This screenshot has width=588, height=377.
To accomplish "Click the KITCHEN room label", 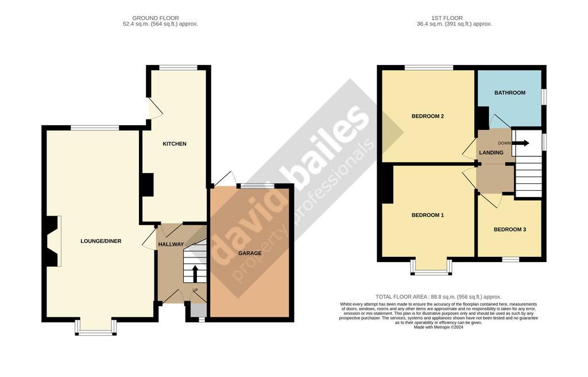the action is pyautogui.click(x=175, y=144).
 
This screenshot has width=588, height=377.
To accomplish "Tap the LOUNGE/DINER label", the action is pyautogui.click(x=101, y=241).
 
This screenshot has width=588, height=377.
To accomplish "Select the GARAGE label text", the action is pyautogui.click(x=250, y=253).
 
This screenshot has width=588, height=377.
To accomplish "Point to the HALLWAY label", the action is pyautogui.click(x=171, y=244).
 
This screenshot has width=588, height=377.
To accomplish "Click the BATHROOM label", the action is pyautogui.click(x=510, y=93).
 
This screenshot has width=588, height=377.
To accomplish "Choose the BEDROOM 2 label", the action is pyautogui.click(x=427, y=117).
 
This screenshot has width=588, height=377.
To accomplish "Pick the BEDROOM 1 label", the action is pyautogui.click(x=427, y=215).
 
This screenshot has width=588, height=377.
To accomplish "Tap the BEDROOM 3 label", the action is pyautogui.click(x=510, y=229).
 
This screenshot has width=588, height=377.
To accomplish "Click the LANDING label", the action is pyautogui.click(x=492, y=153).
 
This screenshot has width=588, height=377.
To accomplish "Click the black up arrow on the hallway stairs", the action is pyautogui.click(x=195, y=274).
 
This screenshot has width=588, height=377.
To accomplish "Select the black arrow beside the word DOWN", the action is pyautogui.click(x=521, y=143).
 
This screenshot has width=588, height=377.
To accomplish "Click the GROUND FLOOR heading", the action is pyautogui.click(x=156, y=18).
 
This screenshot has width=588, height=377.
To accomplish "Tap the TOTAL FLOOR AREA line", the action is pyautogui.click(x=438, y=297).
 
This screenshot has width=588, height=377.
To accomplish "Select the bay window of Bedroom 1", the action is pyautogui.click(x=431, y=267).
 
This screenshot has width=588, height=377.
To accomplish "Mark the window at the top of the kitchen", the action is pyautogui.click(x=178, y=68).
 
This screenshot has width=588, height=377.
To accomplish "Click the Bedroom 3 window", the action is pyautogui.click(x=510, y=259).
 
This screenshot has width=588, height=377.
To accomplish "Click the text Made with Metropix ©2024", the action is pyautogui.click(x=438, y=328).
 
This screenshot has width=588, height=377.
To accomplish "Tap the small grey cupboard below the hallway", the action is pyautogui.click(x=198, y=310).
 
